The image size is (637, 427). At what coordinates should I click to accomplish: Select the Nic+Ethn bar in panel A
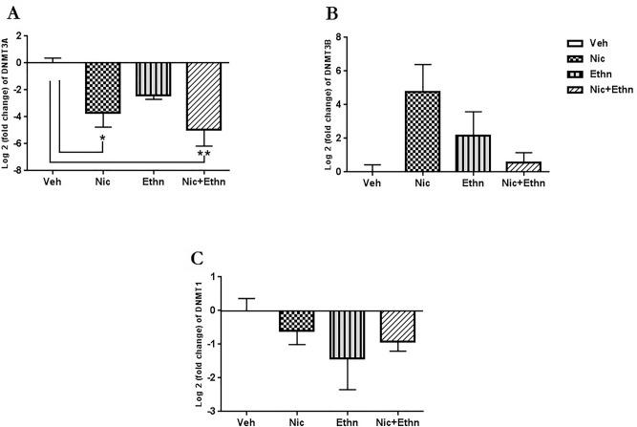(x=203, y=96)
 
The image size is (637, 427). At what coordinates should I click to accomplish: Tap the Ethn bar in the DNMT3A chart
(x=153, y=79)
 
